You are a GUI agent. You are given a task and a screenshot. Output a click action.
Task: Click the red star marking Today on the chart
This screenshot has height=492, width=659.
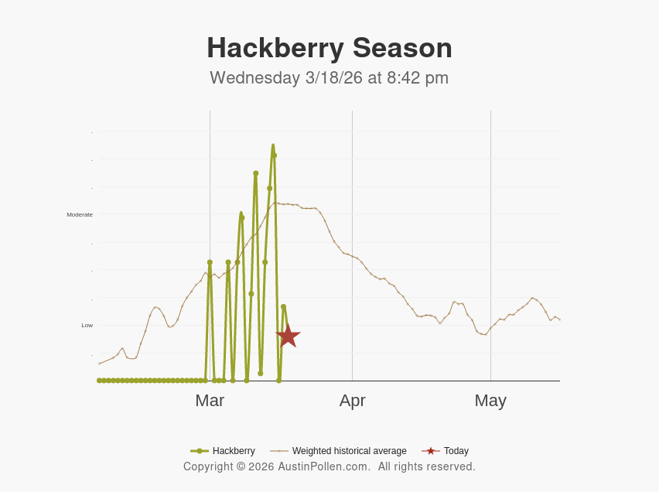pos(288,336)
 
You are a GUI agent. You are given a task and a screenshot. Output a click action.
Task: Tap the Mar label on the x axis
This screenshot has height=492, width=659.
pos(210,401)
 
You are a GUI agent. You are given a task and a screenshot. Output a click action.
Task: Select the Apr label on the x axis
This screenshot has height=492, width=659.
pos(352,401)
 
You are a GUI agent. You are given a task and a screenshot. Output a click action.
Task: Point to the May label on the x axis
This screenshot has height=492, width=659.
pos(490,401)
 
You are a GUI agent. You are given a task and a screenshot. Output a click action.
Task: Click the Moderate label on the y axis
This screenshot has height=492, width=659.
pos(80,214)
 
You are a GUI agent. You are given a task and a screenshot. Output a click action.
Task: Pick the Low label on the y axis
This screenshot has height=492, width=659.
pos(87,325)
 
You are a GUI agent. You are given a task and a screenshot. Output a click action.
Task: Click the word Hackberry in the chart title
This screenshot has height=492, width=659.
pos(275,48)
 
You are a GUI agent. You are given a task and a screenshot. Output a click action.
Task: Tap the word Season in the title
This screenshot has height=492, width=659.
pos(403,48)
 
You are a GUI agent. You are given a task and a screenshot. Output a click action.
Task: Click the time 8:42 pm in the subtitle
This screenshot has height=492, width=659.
pos(415,78)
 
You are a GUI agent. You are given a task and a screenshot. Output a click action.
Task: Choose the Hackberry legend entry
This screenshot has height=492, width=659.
pos(234,451)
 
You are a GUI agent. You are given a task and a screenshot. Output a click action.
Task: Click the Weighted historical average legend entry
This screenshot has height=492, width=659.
pos(349,451)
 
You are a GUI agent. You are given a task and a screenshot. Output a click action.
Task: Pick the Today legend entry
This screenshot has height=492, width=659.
pos(456,451)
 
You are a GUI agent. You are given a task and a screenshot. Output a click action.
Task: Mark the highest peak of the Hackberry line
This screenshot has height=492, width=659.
pos(273,145)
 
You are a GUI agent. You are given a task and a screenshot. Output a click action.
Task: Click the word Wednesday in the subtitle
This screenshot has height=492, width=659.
pos(254,78)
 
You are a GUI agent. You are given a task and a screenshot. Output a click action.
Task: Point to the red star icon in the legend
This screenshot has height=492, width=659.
pos(431,451)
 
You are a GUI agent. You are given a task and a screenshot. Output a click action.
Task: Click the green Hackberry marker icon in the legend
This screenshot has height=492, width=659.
pos(200,451)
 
